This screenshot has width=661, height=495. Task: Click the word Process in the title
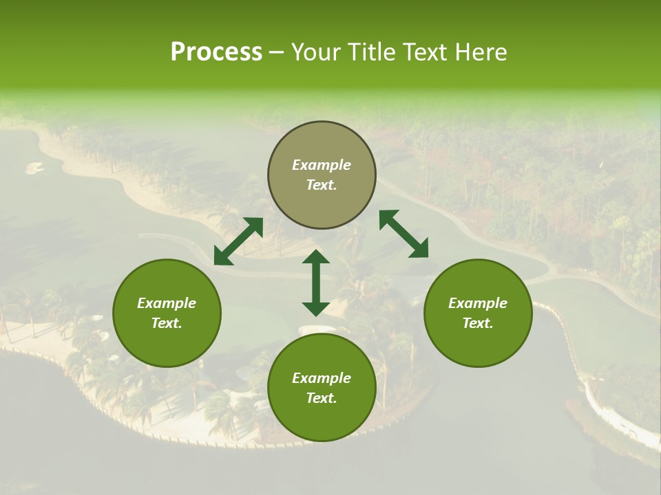coord(216,52)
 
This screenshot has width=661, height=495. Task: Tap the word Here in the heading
coord(479,52)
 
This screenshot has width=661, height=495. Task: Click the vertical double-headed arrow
coord(316,283)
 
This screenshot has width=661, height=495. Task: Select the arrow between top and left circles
coord(238,241)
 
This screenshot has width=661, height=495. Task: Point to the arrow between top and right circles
coord(403,234)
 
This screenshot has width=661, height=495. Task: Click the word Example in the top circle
coord(322,165)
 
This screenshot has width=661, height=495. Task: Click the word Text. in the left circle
coord(167,323)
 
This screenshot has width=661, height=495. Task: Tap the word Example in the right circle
coord(478,303)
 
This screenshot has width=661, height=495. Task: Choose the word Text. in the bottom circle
coord(322,398)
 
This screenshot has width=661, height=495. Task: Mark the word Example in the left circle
coord(167,303)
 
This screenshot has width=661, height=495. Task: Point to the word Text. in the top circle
coord(322,185)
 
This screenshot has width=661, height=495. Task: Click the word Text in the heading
coord(425,52)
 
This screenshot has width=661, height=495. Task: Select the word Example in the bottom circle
coord(322,378)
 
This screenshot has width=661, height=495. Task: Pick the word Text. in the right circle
coord(478,323)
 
